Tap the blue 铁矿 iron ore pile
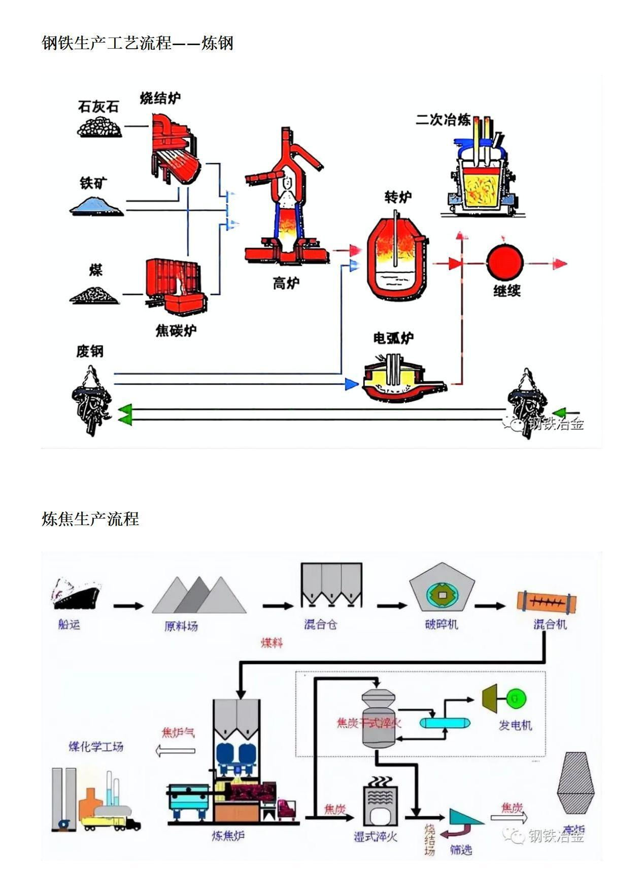click(x=96, y=206)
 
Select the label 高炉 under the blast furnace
click(x=286, y=283)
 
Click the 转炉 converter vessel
click(x=397, y=259)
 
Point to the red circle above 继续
click(x=505, y=263)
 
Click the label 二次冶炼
click(x=443, y=120)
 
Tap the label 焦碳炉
click(x=176, y=331)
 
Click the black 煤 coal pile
click(x=94, y=295)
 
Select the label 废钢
click(x=90, y=351)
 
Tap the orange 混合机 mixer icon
click(x=546, y=601)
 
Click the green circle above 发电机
click(x=516, y=698)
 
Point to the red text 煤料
click(x=272, y=643)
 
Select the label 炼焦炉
click(x=228, y=835)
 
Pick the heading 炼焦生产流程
click(x=90, y=519)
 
